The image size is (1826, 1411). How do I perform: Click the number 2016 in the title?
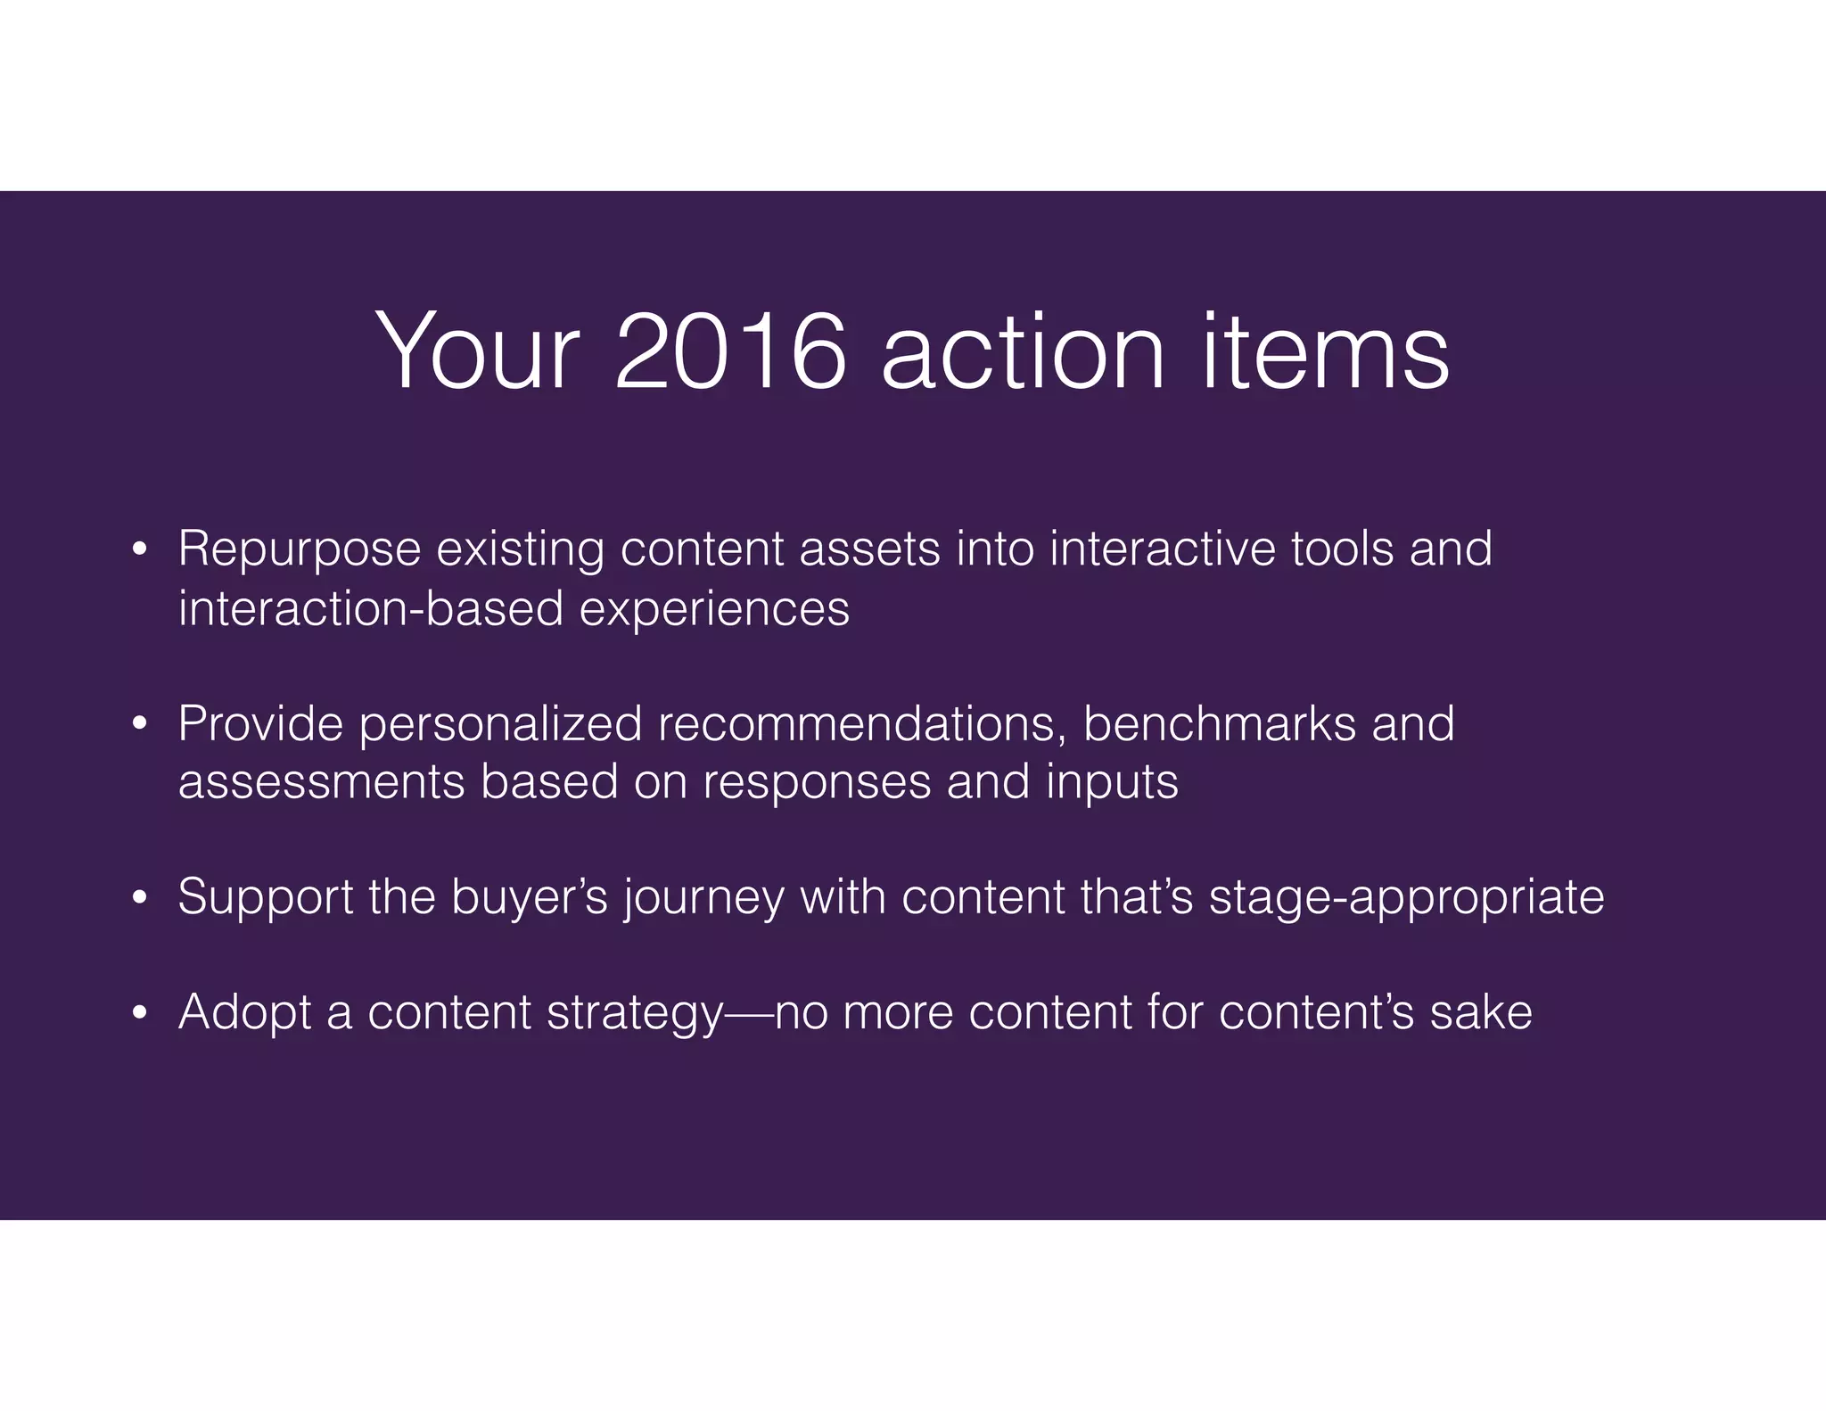tap(729, 351)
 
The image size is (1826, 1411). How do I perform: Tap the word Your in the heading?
tap(478, 351)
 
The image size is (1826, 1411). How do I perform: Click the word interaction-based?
tap(371, 608)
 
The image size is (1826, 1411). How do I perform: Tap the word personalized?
tap(500, 724)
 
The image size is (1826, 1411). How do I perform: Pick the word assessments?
tap(321, 782)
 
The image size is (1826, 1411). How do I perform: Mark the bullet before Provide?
tap(138, 724)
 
